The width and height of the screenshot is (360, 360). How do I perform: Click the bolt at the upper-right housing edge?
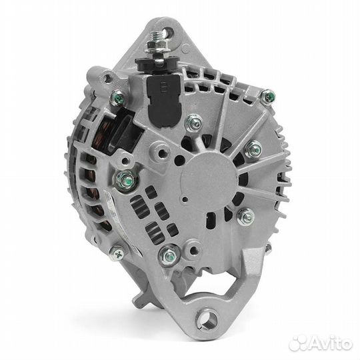pyautogui.click(x=268, y=97)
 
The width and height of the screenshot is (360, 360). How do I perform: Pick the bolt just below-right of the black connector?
pyautogui.click(x=195, y=122)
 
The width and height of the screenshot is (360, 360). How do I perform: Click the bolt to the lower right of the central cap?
pyautogui.click(x=245, y=215)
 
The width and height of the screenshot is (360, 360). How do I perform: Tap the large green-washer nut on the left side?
pyautogui.click(x=125, y=179)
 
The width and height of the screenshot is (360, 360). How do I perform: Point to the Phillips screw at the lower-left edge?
pyautogui.click(x=117, y=252)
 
